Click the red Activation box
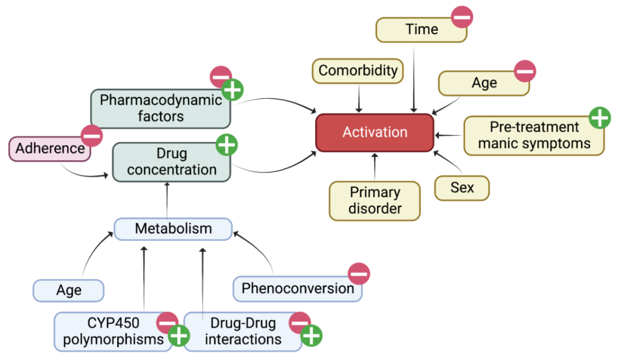tap(375, 132)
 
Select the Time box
tap(421, 30)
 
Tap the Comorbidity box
tap(358, 71)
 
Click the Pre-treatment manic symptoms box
tap(533, 136)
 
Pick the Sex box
tap(462, 188)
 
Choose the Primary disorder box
tap(375, 200)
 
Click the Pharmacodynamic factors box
tap(160, 108)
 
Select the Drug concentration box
tap(172, 162)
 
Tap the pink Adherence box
tap(50, 149)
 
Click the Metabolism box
tap(173, 229)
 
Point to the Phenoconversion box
tap(298, 288)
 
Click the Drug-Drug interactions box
tap(243, 331)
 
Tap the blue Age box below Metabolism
tap(69, 291)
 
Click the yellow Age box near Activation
tap(484, 83)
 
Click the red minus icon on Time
tap(462, 17)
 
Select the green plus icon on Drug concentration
tap(227, 145)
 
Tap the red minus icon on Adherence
tap(92, 136)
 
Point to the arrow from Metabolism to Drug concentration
tap(167, 200)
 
